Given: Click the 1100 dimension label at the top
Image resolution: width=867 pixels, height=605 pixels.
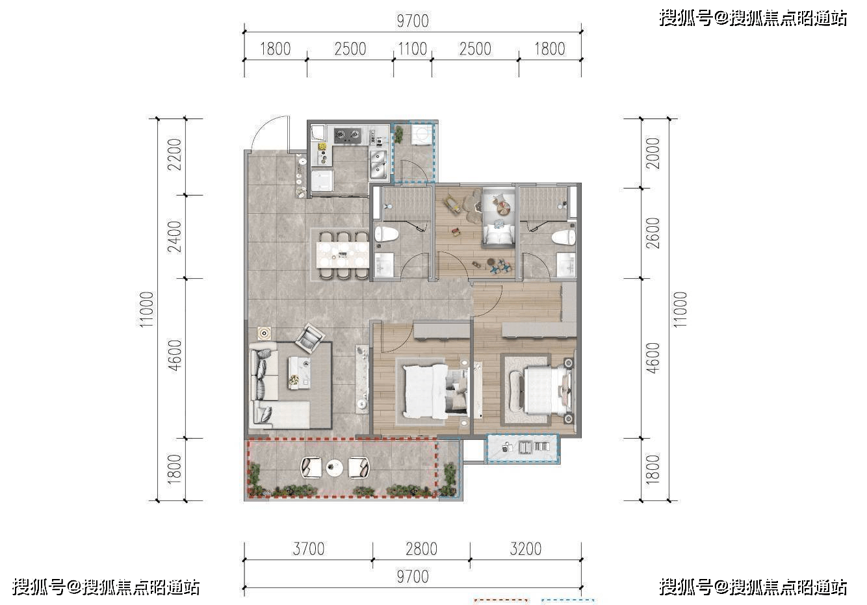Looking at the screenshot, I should [x=412, y=49].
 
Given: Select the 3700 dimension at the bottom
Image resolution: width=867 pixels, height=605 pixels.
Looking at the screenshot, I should [x=308, y=549].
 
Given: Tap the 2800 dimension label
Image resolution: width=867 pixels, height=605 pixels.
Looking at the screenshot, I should [x=421, y=549].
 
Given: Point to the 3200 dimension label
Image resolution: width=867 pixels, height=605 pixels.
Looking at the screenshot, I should [x=525, y=549].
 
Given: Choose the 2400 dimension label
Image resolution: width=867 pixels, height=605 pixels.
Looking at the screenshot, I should [x=174, y=237].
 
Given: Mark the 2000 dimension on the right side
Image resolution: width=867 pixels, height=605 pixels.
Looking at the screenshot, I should [x=653, y=153].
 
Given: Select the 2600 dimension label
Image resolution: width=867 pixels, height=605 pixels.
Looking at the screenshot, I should [x=653, y=233].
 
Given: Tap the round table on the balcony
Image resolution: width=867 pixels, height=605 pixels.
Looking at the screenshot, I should [x=334, y=467].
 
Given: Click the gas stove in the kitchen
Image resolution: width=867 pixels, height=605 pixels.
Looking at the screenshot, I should [x=348, y=136].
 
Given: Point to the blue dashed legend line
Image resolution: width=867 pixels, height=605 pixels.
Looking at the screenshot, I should [x=569, y=600].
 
